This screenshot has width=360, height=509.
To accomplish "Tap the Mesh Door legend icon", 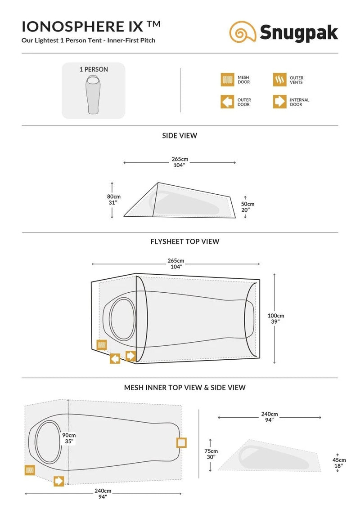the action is click(x=227, y=80).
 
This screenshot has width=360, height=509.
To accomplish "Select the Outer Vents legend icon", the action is click(x=279, y=80).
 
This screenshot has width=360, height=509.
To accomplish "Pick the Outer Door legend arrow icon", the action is click(x=227, y=102).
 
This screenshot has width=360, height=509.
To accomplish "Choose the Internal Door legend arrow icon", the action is click(x=279, y=102).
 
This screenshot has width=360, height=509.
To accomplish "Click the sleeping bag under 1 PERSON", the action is click(x=93, y=94).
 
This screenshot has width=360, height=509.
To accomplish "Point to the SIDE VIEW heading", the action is click(x=180, y=136).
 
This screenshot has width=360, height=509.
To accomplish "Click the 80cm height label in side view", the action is click(x=114, y=200).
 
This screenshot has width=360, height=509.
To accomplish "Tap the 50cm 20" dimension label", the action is click(x=247, y=207).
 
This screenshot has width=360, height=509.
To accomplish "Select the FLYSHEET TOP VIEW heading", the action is click(x=185, y=241).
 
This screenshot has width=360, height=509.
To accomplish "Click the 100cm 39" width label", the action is click(x=276, y=318).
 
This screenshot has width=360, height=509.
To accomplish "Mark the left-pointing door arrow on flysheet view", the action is click(x=115, y=359).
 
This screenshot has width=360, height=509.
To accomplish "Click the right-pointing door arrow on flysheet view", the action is click(x=130, y=356).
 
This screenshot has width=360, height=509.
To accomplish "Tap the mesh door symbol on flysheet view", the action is click(x=102, y=345).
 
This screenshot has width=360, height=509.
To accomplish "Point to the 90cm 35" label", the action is click(x=69, y=438).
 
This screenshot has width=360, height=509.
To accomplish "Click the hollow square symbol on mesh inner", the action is click(x=181, y=442).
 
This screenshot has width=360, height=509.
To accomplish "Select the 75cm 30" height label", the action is click(x=211, y=454).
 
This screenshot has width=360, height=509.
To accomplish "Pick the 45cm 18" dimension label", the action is click(x=339, y=463).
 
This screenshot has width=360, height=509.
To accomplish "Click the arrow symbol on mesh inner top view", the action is click(x=59, y=481).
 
